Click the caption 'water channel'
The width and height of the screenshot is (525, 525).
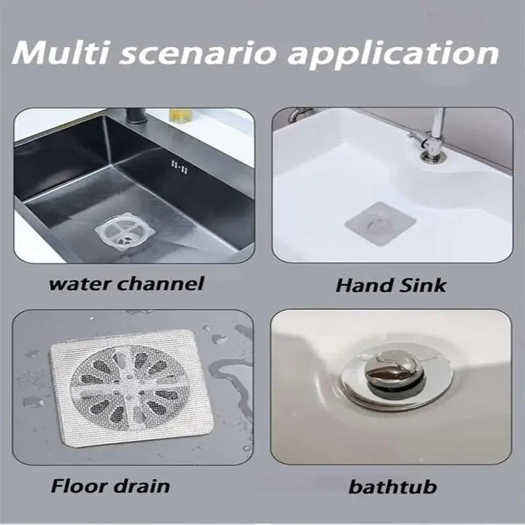pos(127,283)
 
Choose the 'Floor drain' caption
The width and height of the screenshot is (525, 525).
pos(110,486)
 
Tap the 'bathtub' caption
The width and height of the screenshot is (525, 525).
pos(392,488)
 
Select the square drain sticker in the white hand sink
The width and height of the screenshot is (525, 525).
pos(380,224)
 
